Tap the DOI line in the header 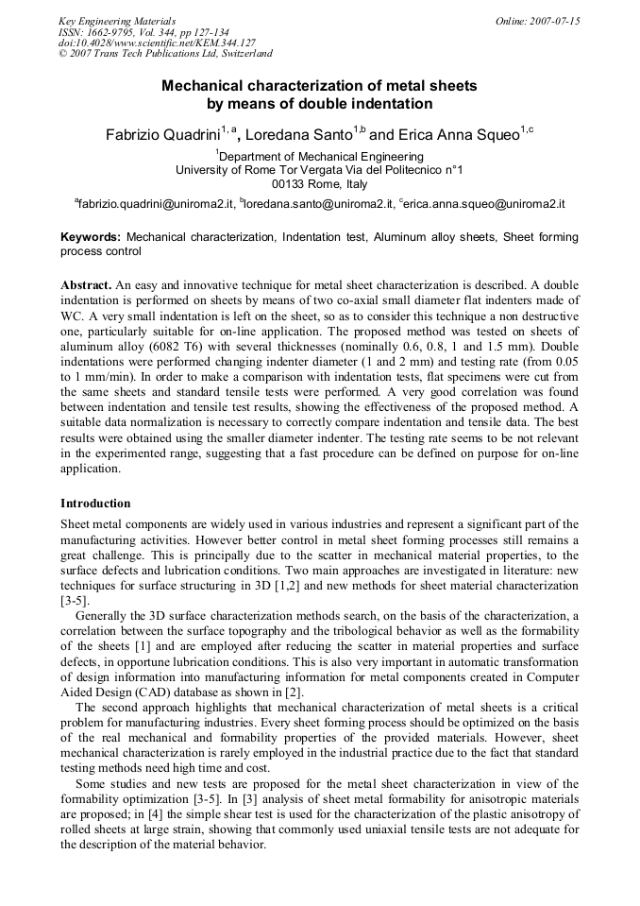tap(157, 43)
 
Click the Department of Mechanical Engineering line tap(320, 156)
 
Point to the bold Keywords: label tap(91, 237)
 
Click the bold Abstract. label tap(87, 284)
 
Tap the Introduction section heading tap(95, 504)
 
